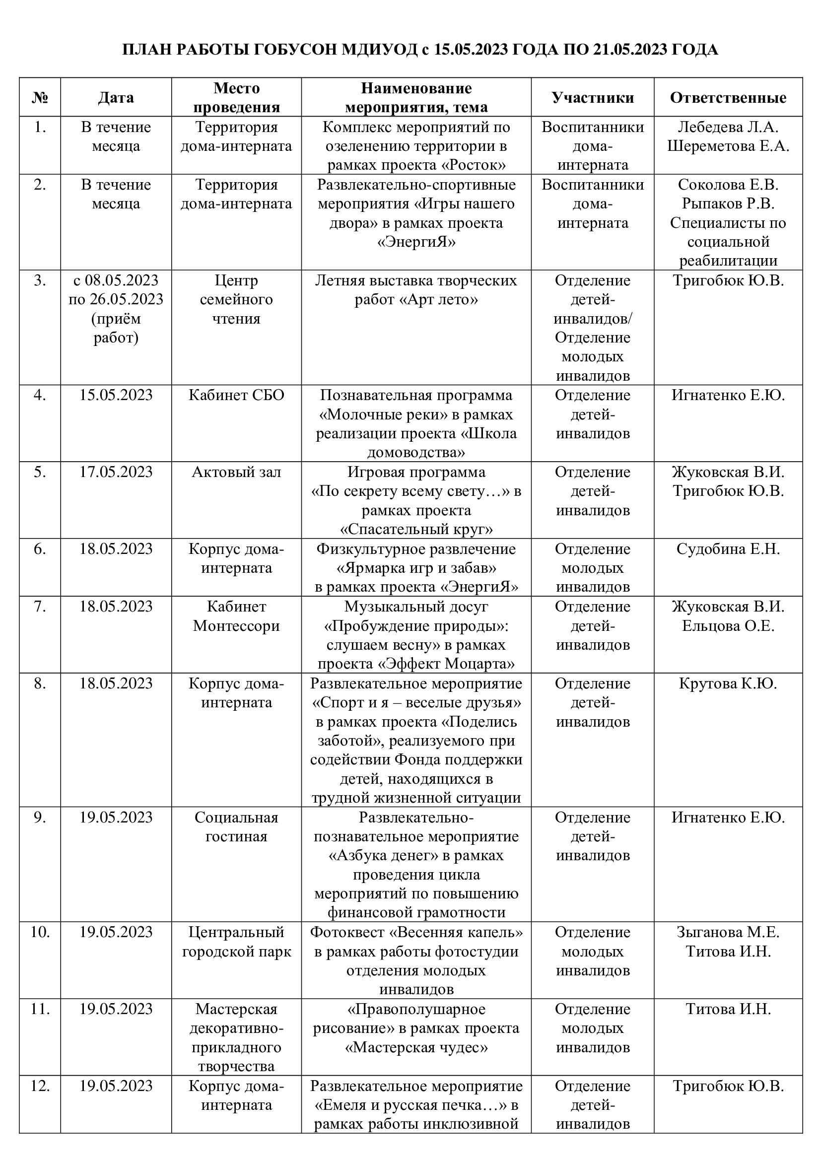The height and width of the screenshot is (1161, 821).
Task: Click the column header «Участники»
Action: pos(593,98)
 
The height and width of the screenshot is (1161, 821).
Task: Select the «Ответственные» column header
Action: pos(728,98)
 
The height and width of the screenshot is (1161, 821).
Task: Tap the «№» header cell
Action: pos(40,98)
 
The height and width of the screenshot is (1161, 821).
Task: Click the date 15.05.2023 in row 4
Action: pos(116,395)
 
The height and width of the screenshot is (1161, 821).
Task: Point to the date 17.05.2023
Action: pos(116,472)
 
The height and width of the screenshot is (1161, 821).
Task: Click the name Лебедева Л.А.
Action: pos(728,127)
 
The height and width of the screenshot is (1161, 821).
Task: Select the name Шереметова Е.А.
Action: pos(728,146)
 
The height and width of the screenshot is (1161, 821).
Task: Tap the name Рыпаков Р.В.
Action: pos(728,204)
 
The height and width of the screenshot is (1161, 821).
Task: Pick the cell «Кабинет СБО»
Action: pos(237,395)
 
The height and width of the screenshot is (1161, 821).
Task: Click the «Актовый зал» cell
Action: pos(237,472)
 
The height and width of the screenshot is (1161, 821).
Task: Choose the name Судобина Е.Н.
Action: pos(728,548)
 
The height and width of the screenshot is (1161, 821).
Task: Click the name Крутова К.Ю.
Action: pos(728,683)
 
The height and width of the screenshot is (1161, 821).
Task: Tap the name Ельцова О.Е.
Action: pos(728,626)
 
